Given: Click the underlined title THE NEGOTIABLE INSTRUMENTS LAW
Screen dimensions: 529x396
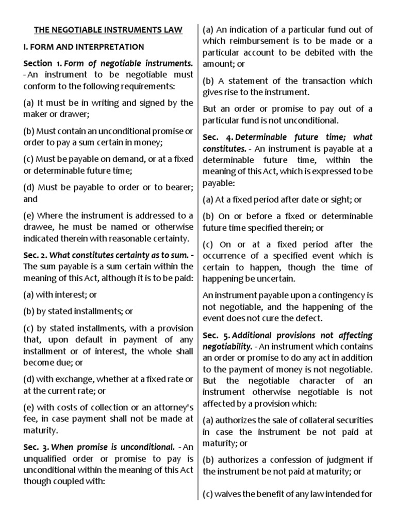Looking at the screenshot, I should pos(108,30).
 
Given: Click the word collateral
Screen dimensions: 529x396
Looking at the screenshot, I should pos(316,420).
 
